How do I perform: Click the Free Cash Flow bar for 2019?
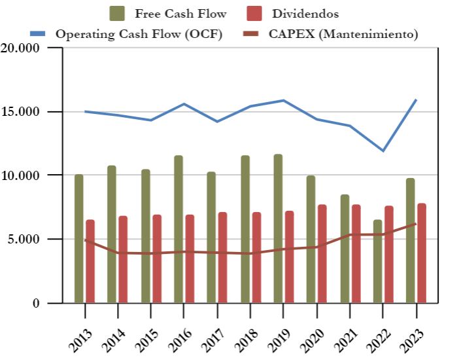(278, 228)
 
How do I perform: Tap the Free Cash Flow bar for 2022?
(378, 261)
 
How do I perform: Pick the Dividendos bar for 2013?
(90, 261)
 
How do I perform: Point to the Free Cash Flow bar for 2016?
(178, 229)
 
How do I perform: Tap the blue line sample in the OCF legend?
(40, 34)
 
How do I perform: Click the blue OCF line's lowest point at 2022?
(383, 151)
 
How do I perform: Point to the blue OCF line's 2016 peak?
(184, 104)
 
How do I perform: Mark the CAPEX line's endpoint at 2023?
(416, 224)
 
